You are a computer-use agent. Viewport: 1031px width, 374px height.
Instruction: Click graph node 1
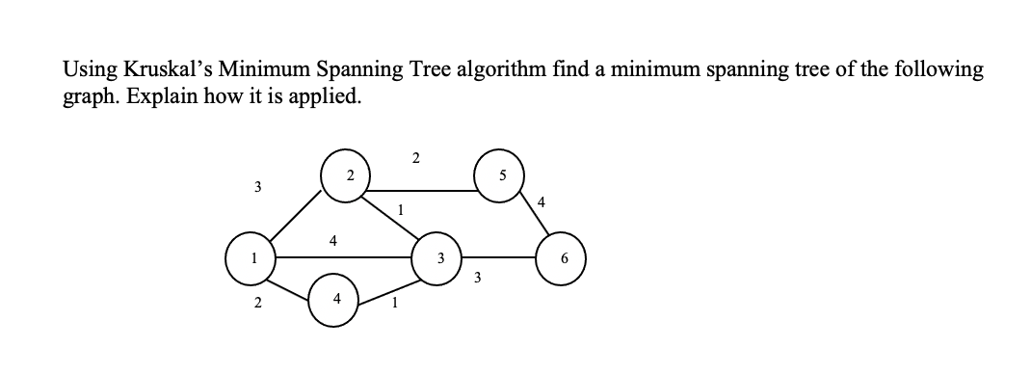point(250,259)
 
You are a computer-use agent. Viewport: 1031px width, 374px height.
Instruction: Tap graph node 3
point(439,259)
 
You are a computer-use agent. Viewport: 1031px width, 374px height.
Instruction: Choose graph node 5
point(499,176)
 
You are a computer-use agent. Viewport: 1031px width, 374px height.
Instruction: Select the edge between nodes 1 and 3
point(344,258)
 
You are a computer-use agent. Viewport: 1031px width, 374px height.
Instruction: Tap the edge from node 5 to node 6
point(534,219)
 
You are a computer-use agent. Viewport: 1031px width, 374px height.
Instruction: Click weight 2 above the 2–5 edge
point(414,157)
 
